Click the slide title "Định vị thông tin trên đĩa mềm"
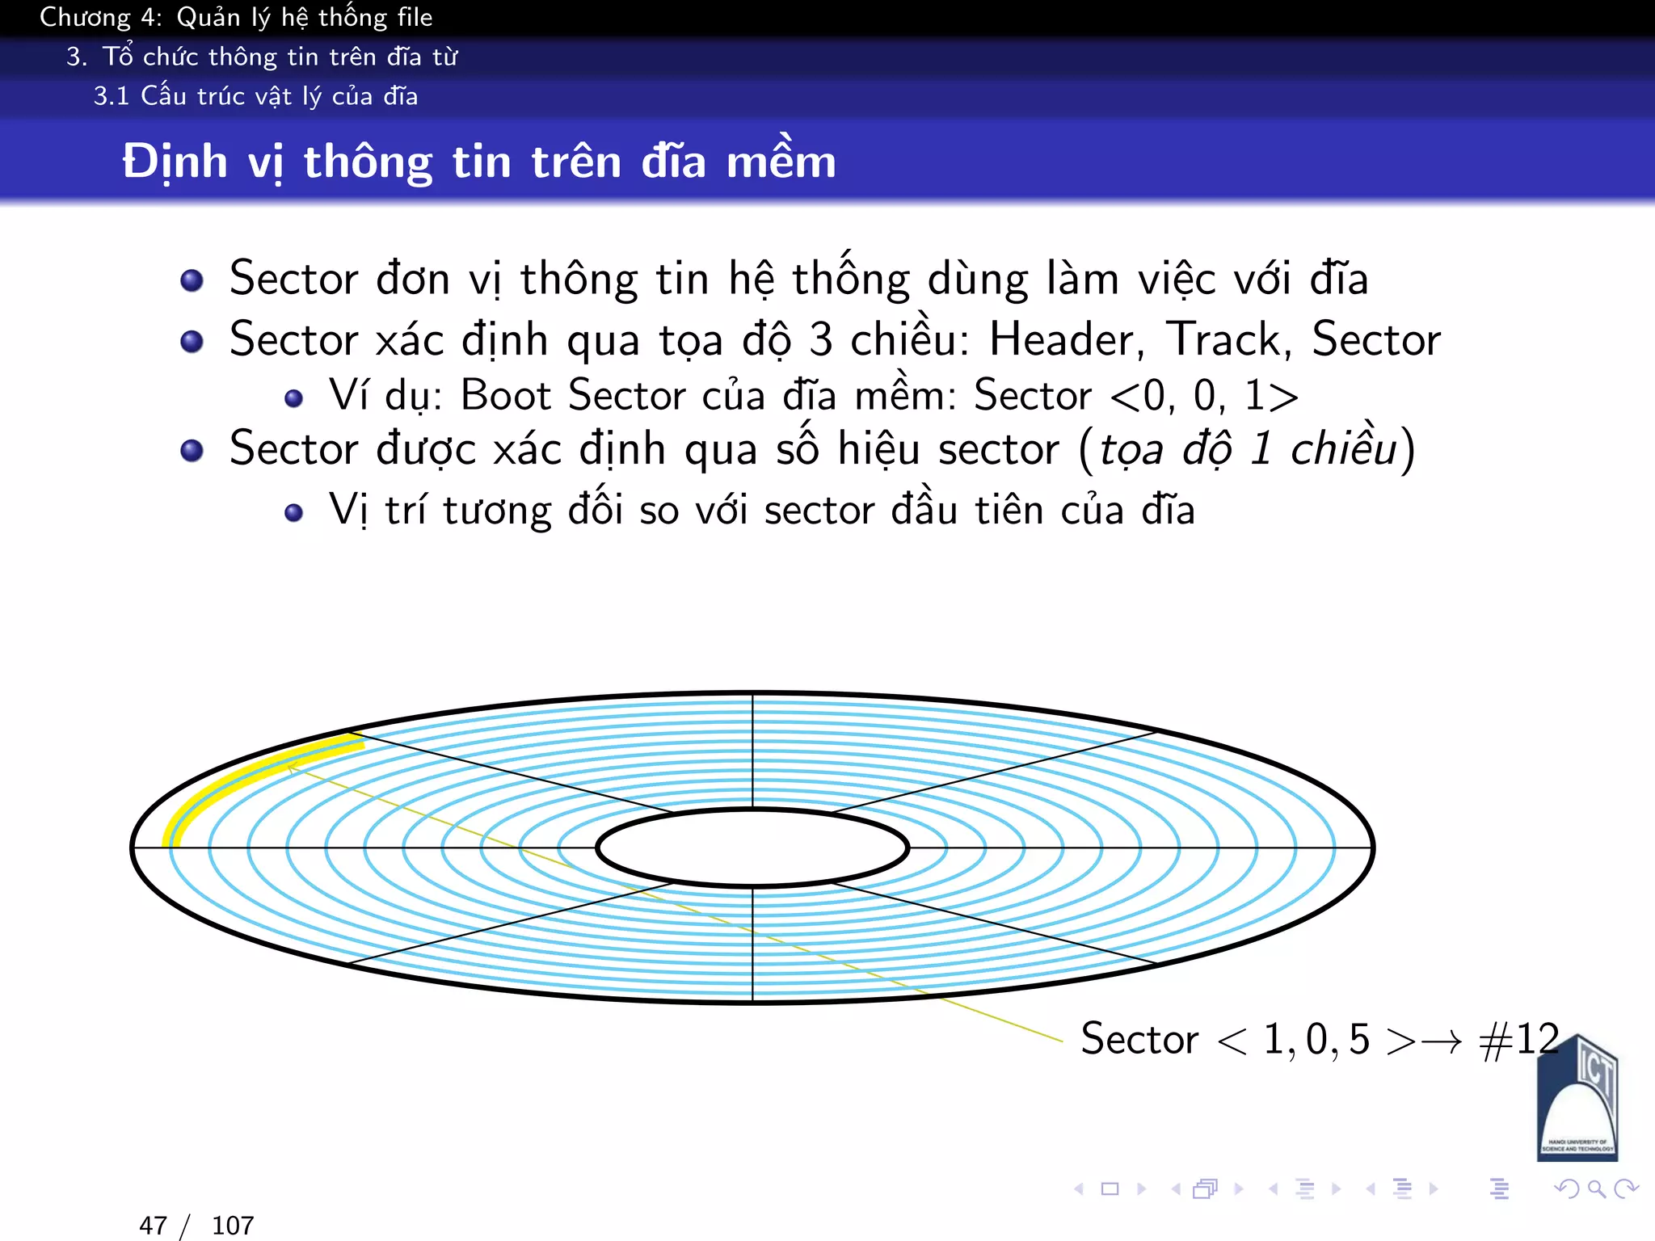click(478, 162)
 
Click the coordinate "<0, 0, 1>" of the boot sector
click(1204, 396)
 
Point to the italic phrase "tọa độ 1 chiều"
click(1248, 449)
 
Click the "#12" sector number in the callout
click(1519, 1039)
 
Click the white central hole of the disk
click(752, 848)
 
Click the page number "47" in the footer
click(153, 1226)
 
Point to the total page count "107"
click(233, 1226)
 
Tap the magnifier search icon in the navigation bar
click(1596, 1188)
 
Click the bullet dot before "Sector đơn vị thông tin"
click(192, 280)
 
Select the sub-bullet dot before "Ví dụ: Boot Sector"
click(294, 398)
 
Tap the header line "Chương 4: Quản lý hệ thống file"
click(236, 18)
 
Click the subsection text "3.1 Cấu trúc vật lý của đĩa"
click(255, 96)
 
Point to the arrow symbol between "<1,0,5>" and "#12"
click(1442, 1042)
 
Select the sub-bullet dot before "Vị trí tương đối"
click(294, 512)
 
